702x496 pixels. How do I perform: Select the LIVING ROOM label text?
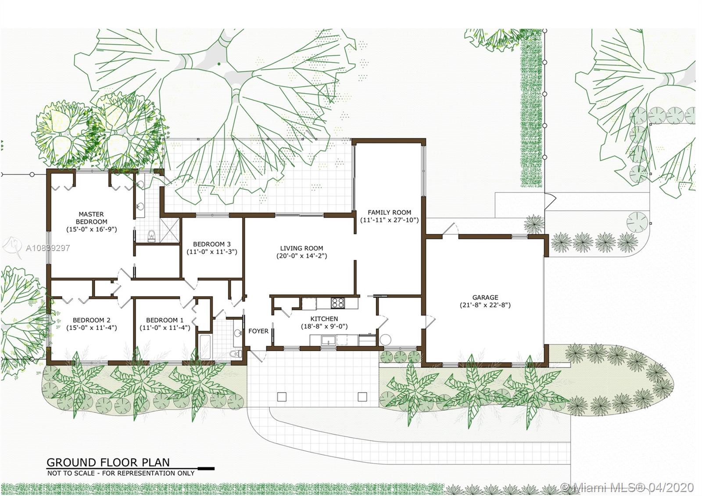[x=301, y=248]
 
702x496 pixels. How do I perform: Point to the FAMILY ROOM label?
[x=389, y=212]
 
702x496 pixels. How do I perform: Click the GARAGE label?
[x=485, y=297]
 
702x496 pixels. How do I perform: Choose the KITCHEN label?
[x=324, y=319]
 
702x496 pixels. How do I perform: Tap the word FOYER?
[x=258, y=331]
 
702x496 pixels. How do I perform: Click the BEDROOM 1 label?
[x=165, y=320]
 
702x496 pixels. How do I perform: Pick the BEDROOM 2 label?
[x=92, y=320]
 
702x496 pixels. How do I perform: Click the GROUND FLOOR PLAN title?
[x=108, y=463]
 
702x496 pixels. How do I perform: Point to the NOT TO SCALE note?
[x=121, y=473]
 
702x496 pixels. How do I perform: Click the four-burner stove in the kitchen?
[x=338, y=303]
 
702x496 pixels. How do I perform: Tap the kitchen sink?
[x=328, y=340]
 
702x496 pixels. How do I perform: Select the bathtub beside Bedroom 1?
[x=204, y=347]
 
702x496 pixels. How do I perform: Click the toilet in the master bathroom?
[x=151, y=235]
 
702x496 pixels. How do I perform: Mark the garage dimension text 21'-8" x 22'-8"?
[x=485, y=305]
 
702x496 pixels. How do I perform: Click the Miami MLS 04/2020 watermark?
[x=627, y=487]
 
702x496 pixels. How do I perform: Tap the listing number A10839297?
[x=48, y=248]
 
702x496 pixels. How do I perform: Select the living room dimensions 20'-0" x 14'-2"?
[x=301, y=256]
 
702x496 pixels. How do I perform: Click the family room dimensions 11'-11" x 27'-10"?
[x=389, y=220]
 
